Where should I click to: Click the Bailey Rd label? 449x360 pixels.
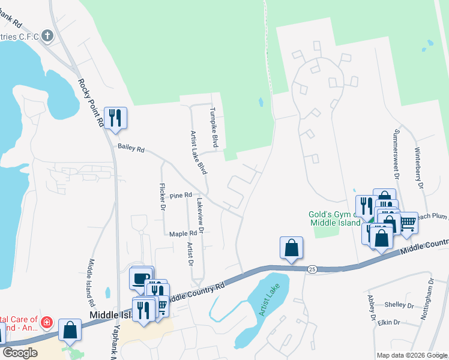(131, 148)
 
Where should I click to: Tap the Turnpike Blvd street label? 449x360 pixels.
(213, 127)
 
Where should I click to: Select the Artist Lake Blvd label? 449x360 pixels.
(198, 154)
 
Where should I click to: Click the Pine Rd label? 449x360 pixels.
(180, 196)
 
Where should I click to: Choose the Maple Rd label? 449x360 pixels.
(183, 234)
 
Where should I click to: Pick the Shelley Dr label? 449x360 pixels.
(400, 305)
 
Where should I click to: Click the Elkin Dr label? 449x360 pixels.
(389, 323)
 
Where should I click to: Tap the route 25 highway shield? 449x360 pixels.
(312, 269)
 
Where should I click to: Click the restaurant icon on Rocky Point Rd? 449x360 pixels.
(115, 116)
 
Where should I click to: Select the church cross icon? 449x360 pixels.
(47, 36)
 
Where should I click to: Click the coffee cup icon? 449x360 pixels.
(141, 278)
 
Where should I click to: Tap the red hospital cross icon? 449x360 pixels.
(46, 323)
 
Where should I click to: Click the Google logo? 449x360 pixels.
(20, 353)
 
